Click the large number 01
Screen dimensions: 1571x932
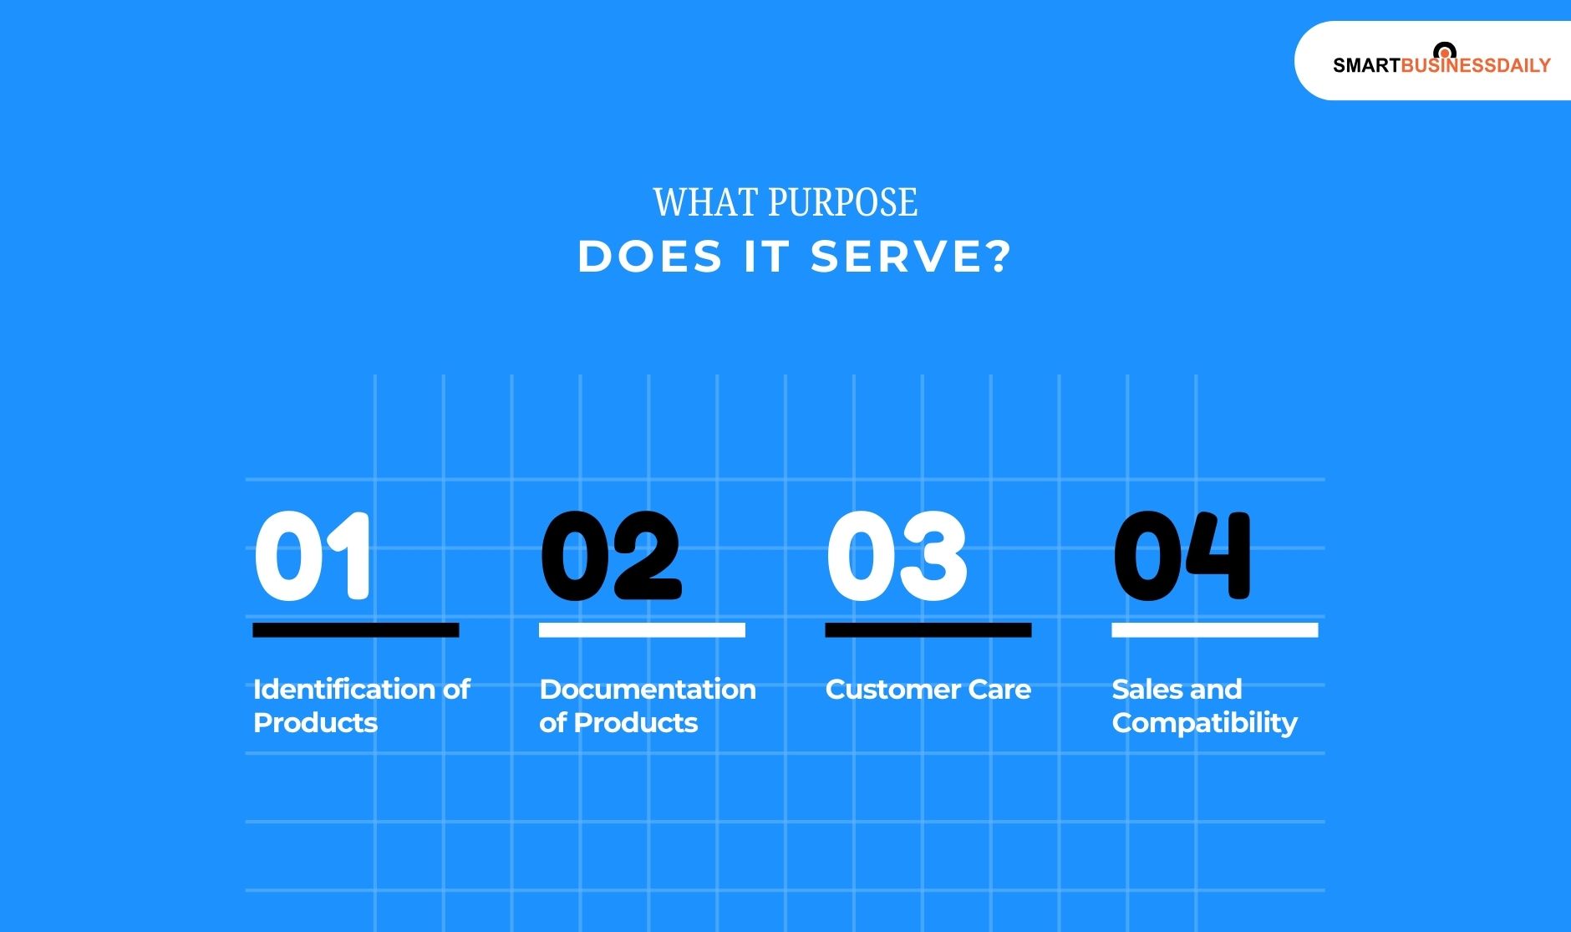click(x=313, y=556)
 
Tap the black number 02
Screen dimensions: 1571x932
click(x=612, y=556)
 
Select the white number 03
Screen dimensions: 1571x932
click(x=897, y=556)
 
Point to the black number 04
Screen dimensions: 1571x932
click(x=1182, y=556)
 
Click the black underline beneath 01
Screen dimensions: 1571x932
click(x=356, y=630)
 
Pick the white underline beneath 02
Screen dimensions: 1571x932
click(x=642, y=630)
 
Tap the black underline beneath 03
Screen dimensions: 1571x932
click(x=928, y=630)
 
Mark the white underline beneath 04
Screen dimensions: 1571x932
click(x=1215, y=630)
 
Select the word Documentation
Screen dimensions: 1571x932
click(x=648, y=690)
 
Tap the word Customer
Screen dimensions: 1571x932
click(x=892, y=690)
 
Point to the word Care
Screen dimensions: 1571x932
click(x=999, y=690)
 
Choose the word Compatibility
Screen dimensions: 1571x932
click(x=1205, y=723)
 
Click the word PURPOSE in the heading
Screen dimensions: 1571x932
click(x=842, y=202)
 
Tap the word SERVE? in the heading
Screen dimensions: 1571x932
click(x=912, y=256)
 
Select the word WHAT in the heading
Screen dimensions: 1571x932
click(x=705, y=202)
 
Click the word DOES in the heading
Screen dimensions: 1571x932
click(x=650, y=256)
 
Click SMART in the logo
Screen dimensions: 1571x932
click(x=1366, y=65)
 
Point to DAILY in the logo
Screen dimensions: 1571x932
click(x=1525, y=65)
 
